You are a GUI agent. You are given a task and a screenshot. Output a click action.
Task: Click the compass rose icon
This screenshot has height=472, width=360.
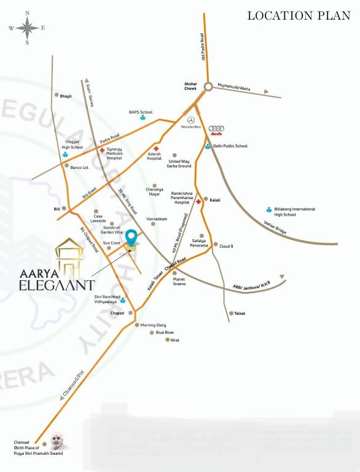click(27, 27)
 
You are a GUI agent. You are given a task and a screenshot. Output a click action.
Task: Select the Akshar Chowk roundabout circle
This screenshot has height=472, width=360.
click(209, 87)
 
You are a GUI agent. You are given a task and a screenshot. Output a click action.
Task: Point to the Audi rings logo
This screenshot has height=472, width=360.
click(214, 128)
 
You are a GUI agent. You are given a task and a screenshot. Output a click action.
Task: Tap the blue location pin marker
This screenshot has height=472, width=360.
click(131, 237)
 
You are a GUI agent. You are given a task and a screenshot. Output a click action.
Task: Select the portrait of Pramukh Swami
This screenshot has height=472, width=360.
click(60, 440)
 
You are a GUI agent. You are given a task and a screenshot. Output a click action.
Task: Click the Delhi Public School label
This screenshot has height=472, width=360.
click(230, 146)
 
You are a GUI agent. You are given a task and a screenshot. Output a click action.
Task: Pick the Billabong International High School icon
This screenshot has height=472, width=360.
click(269, 209)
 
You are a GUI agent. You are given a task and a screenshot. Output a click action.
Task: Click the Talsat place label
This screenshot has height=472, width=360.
click(240, 313)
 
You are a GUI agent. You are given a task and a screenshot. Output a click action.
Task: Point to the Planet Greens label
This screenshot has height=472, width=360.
click(179, 281)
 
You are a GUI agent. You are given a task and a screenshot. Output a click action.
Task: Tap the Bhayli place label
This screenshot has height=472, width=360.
click(66, 96)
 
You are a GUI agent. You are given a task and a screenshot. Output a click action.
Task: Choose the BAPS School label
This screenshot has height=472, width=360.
click(140, 112)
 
